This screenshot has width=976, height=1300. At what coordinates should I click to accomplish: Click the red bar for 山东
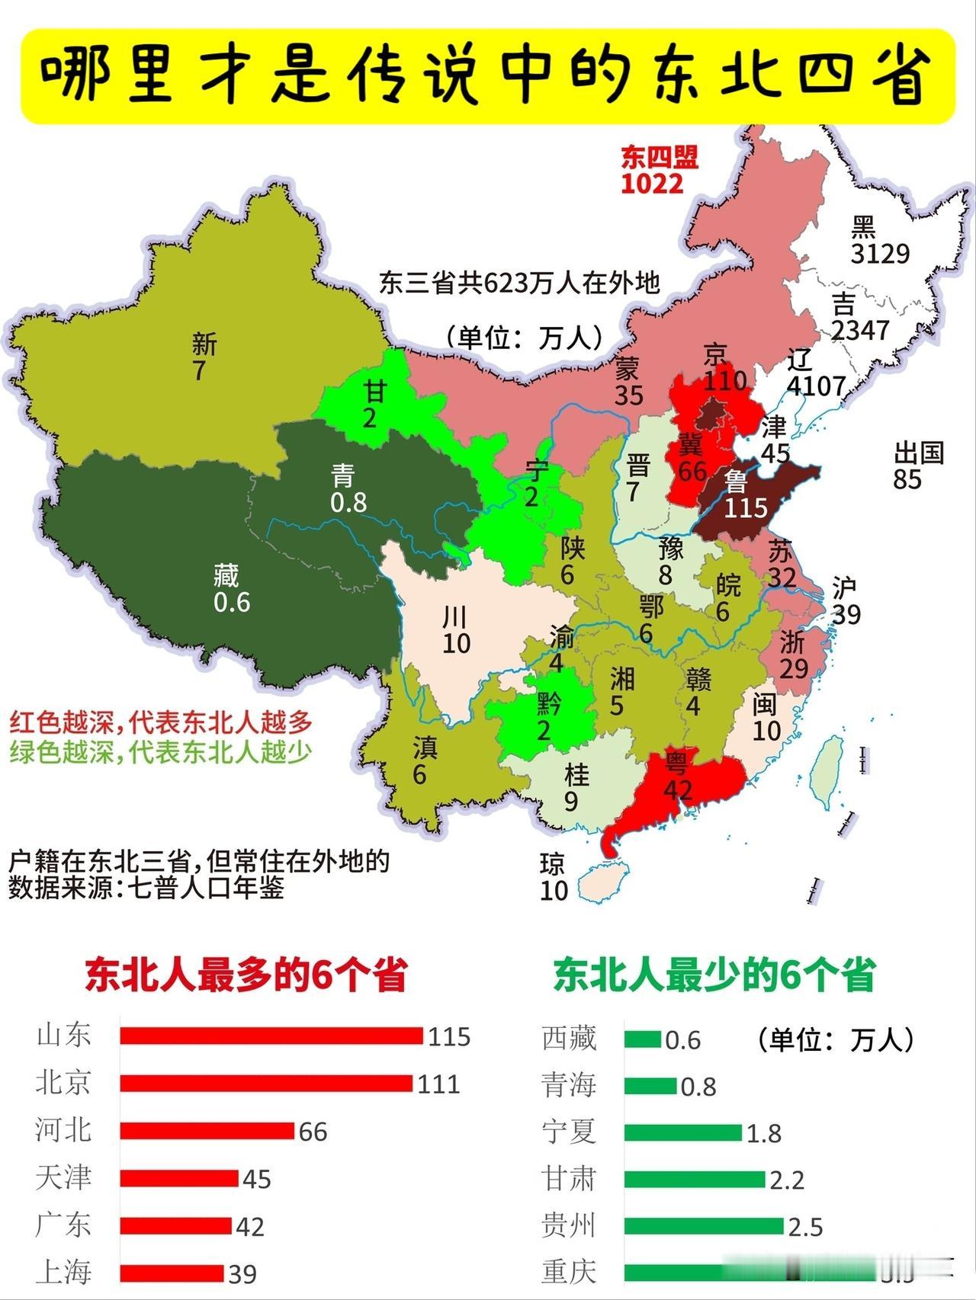[x=271, y=1036]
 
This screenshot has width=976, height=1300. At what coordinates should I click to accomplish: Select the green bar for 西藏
[x=642, y=1039]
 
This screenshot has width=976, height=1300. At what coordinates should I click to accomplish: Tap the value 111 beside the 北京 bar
[x=438, y=1084]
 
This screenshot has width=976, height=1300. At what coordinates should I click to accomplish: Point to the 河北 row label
[x=63, y=1130]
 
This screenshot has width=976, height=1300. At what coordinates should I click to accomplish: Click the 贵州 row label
[x=569, y=1225]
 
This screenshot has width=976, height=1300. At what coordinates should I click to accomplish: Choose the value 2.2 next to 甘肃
[x=787, y=1180]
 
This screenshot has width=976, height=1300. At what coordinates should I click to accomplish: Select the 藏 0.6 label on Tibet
[x=231, y=588]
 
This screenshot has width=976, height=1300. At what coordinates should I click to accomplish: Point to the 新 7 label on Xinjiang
[x=203, y=357]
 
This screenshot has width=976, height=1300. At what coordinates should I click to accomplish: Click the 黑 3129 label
[x=879, y=240]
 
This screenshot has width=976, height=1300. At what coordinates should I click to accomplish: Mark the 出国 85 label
[x=917, y=466]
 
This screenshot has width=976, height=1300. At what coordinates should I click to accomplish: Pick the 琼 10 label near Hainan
[x=554, y=876]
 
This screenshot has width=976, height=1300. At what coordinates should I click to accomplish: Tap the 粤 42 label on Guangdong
[x=676, y=775]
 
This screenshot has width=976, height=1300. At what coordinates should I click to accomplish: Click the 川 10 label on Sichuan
[x=456, y=630]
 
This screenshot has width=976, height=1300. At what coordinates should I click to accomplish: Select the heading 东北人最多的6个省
[x=246, y=975]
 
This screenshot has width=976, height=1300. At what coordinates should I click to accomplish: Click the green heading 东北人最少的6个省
[x=714, y=975]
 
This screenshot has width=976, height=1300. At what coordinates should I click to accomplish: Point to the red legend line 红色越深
[x=160, y=722]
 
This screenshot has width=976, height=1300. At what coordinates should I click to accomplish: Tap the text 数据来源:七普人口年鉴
[x=146, y=888]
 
